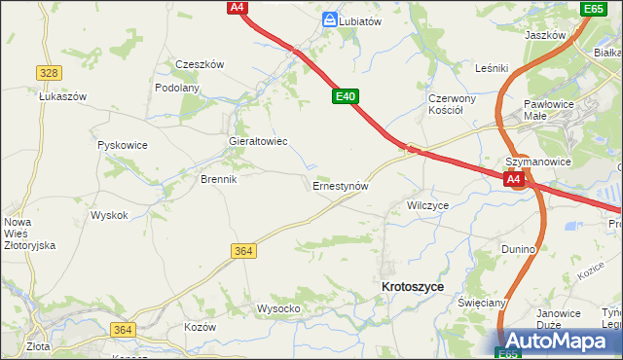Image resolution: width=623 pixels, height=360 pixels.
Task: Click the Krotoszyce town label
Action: click(x=413, y=287)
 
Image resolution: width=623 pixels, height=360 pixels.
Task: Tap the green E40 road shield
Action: click(x=346, y=96)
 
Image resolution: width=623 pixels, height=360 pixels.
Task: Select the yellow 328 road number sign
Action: click(x=49, y=73)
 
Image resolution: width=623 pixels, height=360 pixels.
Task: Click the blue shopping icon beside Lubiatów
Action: click(x=330, y=18)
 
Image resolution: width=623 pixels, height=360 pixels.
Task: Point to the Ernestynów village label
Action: click(x=340, y=185)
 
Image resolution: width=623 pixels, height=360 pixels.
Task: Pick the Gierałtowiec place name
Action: click(x=257, y=141)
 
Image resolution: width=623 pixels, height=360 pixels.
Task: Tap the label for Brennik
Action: click(x=219, y=179)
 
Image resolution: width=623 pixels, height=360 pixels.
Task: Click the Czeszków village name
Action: click(x=200, y=64)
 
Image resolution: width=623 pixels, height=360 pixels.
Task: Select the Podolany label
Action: click(x=177, y=88)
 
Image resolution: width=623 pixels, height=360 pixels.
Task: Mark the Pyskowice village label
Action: click(x=123, y=145)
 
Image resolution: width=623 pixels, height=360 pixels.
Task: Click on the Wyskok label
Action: click(x=108, y=215)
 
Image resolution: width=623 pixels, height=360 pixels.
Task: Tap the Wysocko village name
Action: click(x=277, y=308)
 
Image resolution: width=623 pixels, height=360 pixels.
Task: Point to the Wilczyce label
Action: click(x=427, y=206)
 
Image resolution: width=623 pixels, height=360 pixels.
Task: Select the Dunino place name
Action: click(x=519, y=249)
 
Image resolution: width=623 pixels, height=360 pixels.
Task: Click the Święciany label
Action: click(x=482, y=303)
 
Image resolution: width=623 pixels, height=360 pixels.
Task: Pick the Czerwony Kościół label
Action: click(x=452, y=104)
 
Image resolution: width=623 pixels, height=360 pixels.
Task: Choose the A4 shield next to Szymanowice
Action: click(x=514, y=180)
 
